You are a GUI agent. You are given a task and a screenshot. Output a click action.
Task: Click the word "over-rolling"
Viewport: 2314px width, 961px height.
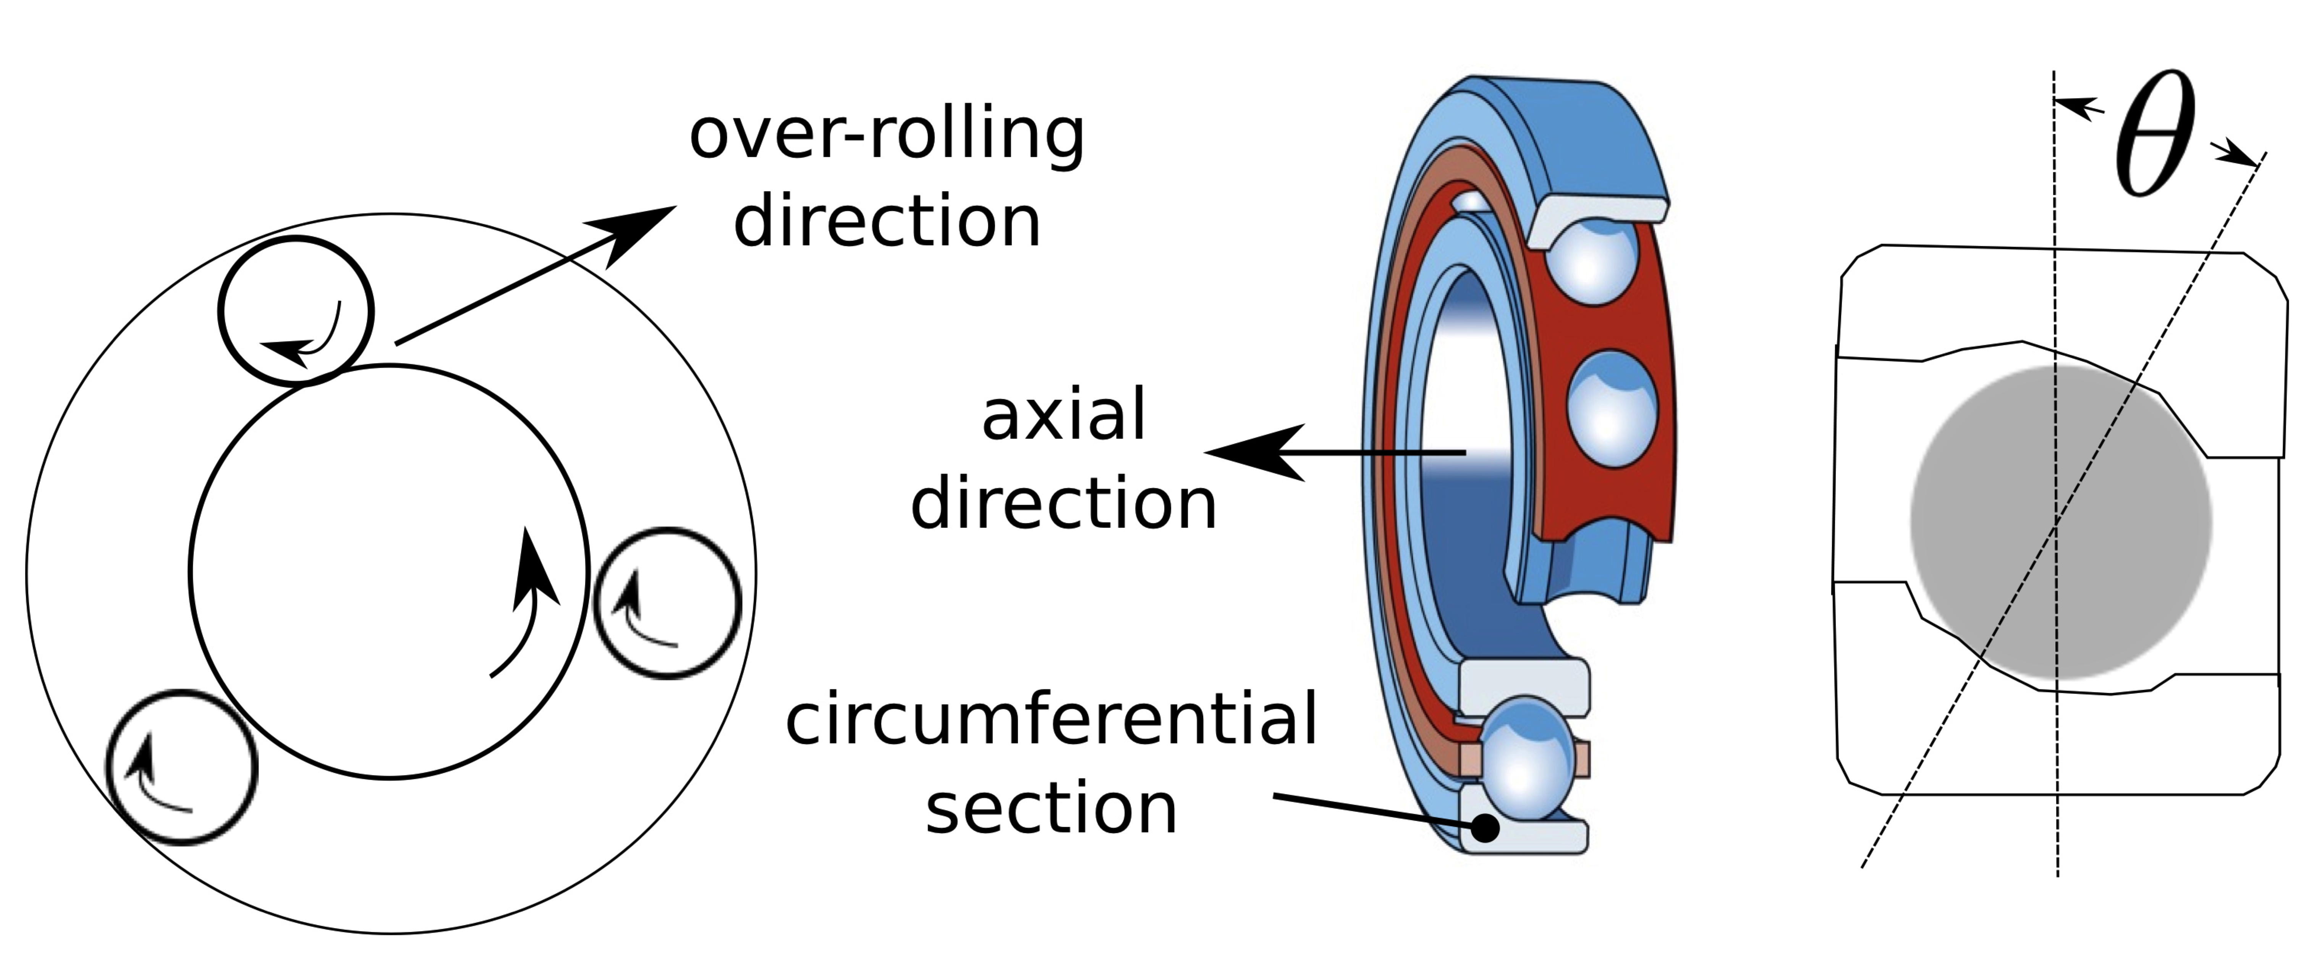pyautogui.click(x=887, y=135)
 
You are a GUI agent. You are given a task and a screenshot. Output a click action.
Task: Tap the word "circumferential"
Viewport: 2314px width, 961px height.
pyautogui.click(x=1051, y=719)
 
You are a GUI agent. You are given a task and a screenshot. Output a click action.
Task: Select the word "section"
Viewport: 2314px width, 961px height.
pyautogui.click(x=1051, y=808)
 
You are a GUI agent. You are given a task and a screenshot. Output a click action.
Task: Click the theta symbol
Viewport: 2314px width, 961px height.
pyautogui.click(x=2154, y=135)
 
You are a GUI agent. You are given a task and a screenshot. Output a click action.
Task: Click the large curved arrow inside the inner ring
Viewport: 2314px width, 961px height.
pyautogui.click(x=530, y=602)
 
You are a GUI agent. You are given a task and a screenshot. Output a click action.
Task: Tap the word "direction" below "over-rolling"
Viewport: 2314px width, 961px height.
pyautogui.click(x=887, y=223)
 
